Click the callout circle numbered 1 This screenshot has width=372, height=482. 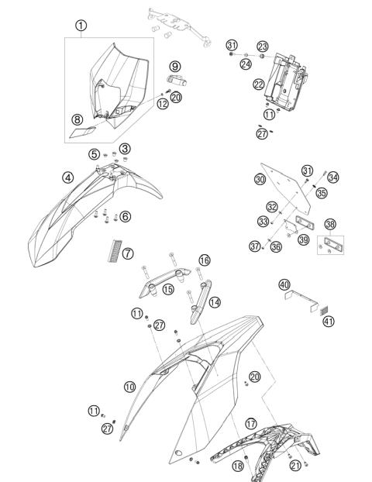[81, 26]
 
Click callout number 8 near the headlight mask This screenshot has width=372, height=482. [77, 119]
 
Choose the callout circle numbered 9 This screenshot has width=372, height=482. [175, 67]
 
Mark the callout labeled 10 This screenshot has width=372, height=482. [129, 385]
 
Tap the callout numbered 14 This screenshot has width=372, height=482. [215, 302]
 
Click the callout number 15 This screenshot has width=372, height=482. [168, 290]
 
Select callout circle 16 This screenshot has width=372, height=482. [205, 260]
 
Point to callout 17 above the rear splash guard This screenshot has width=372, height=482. [251, 424]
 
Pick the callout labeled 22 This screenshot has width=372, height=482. [259, 84]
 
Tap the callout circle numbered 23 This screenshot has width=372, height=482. [263, 46]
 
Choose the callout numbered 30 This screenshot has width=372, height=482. [260, 179]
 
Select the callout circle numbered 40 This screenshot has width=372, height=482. [284, 284]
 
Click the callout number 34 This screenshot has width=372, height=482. [332, 177]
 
